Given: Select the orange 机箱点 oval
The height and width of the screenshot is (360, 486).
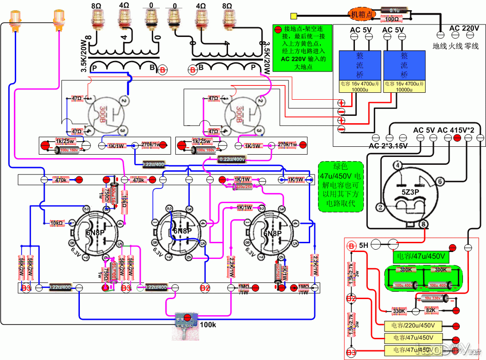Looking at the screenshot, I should point(362,14).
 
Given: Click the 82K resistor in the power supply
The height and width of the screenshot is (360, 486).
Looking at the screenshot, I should point(430,311).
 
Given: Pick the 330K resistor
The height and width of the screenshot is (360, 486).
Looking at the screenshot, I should point(398,311).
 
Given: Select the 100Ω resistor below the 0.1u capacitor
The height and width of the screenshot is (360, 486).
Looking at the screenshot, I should point(392,19).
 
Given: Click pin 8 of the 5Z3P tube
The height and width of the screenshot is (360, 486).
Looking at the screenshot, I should point(424,225).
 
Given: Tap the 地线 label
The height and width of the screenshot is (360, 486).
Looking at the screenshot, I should point(439,46).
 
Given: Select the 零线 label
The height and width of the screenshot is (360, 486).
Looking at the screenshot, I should point(472,46).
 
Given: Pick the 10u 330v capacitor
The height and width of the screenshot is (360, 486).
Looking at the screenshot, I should point(432,298).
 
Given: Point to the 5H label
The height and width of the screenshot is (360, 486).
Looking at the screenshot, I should point(364,244).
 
